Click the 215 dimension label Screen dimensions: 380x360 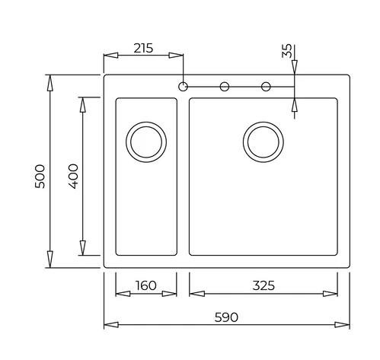click(143, 48)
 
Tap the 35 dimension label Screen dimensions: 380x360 click(287, 51)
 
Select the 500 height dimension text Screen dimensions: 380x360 click(40, 177)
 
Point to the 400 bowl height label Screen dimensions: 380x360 click(73, 177)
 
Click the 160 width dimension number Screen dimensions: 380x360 click(145, 285)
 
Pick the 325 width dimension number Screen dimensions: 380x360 click(263, 285)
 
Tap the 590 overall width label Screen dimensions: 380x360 click(226, 317)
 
